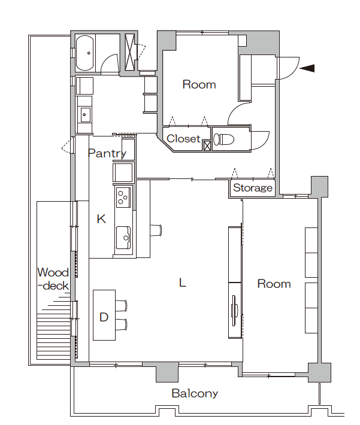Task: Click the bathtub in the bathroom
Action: point(85,53)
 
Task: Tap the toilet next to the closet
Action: point(223,139)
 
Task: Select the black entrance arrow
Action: point(307,68)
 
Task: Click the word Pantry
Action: point(107,153)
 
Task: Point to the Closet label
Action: point(184,138)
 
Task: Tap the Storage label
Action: point(253,187)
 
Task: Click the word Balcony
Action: point(195,393)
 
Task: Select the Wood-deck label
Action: point(53,279)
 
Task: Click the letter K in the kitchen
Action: point(101,218)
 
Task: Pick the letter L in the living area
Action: point(183,283)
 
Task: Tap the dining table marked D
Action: point(104,315)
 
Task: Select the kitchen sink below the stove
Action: point(123,238)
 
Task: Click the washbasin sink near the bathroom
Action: point(85,115)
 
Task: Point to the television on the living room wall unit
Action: point(234,310)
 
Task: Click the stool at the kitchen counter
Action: point(156,230)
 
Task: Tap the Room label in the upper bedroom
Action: point(199,84)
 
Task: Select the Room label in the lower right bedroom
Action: point(274,284)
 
